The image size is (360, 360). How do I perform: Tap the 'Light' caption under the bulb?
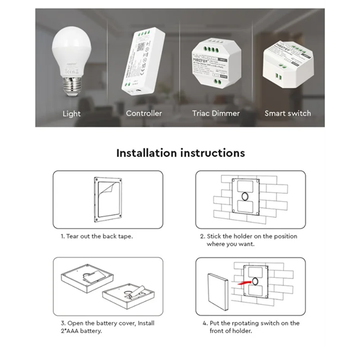[x=72, y=114]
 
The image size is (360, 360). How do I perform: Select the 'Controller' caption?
[x=144, y=113]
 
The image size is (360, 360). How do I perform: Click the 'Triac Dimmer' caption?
[x=216, y=113]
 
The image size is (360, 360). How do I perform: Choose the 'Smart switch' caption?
[x=288, y=113]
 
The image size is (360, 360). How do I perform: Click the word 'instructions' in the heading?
[x=213, y=153]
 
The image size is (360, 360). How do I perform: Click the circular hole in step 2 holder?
[x=245, y=197]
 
